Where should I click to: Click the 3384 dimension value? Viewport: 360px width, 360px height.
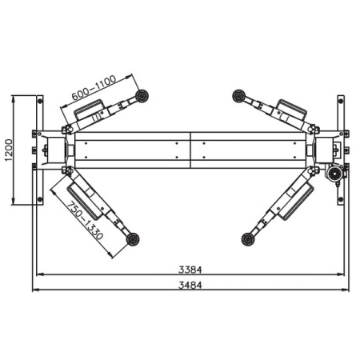[190, 270]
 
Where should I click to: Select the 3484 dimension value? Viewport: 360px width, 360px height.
[190, 285]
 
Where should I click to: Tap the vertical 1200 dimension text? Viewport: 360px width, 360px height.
[9, 150]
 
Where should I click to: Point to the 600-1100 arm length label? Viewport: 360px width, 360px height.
[94, 87]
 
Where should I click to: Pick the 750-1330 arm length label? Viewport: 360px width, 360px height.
[85, 221]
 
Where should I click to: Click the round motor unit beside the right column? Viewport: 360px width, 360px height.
[333, 174]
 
